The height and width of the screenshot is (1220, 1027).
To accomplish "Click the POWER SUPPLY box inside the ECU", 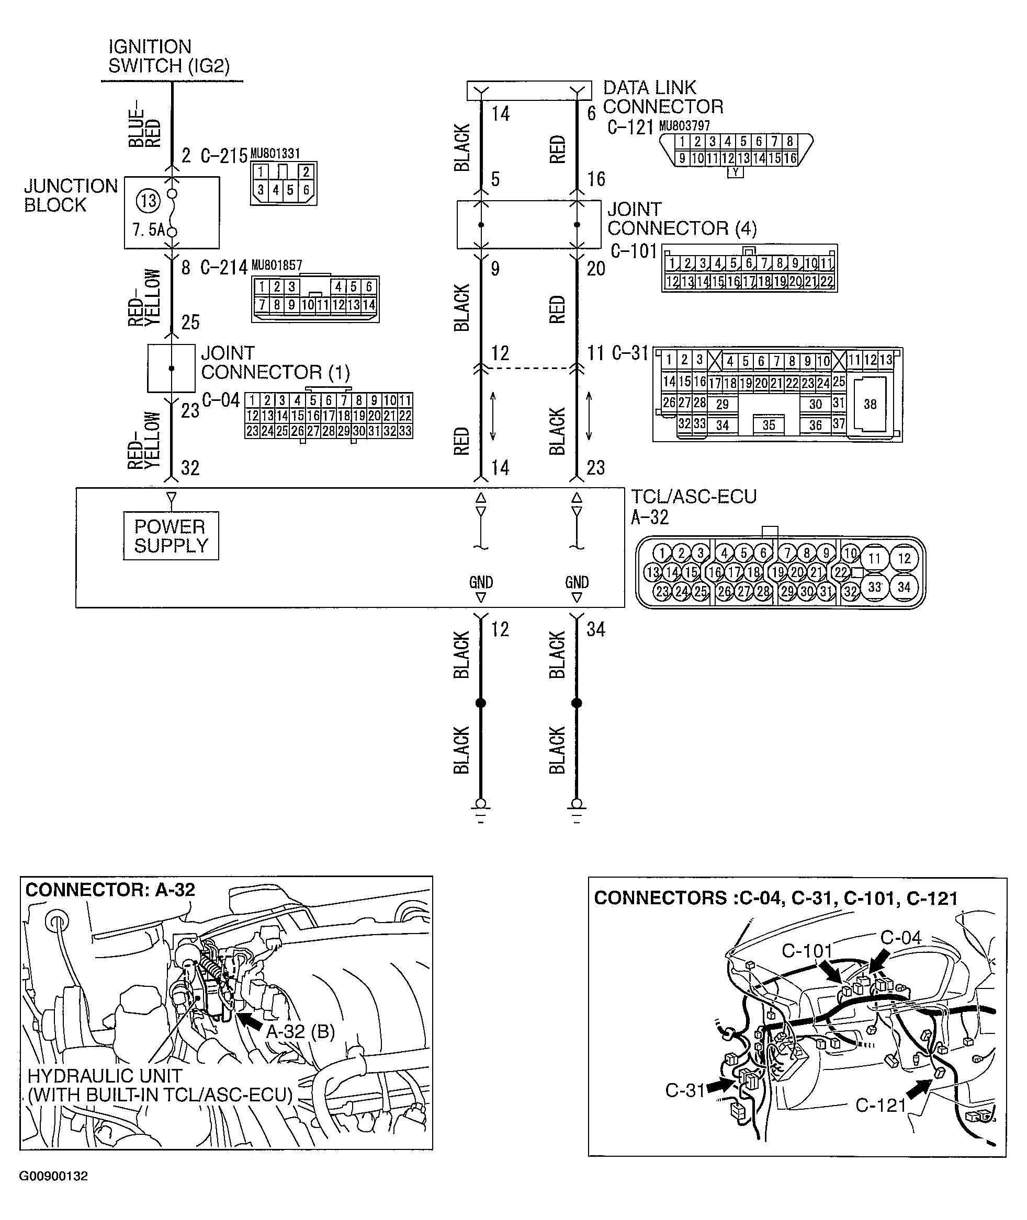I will (171, 536).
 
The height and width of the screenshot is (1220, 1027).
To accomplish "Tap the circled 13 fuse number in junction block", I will (148, 201).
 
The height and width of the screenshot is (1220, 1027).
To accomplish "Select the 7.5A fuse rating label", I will (148, 230).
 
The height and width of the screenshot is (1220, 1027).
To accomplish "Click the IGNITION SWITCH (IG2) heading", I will (169, 56).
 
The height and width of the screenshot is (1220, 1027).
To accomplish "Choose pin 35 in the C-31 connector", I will (769, 425).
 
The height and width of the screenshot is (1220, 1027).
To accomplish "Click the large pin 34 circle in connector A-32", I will (904, 587).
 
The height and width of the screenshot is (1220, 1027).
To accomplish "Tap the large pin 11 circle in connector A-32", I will (874, 558).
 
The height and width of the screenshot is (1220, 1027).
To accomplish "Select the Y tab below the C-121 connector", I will (735, 172).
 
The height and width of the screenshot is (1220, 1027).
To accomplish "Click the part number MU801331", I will (275, 154).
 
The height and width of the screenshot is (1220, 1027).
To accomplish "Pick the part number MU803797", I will (684, 125).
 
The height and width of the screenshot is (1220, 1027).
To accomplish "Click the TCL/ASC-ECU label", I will (693, 497).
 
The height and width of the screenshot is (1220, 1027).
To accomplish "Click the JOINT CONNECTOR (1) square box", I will (171, 369).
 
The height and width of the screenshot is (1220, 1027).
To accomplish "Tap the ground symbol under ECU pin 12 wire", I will (480, 809).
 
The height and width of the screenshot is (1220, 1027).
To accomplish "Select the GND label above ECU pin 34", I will (577, 582).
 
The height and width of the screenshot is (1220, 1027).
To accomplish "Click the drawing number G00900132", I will (53, 1176).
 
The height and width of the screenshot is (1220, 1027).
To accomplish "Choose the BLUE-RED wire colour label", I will (144, 128).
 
